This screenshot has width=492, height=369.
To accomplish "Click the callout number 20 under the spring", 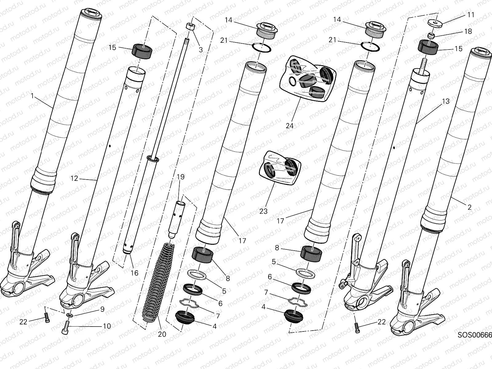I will (162, 334).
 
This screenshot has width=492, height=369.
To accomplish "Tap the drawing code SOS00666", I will (474, 335).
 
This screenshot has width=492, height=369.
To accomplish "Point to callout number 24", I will (290, 125).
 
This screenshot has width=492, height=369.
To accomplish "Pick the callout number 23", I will (263, 211).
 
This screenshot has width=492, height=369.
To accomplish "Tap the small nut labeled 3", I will (191, 27).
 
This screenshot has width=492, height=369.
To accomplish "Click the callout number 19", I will (181, 177).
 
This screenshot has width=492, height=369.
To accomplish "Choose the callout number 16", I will (134, 273).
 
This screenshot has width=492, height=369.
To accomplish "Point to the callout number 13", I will (446, 101).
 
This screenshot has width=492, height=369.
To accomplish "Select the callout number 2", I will (469, 207).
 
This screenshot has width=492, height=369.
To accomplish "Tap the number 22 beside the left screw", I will (23, 322).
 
